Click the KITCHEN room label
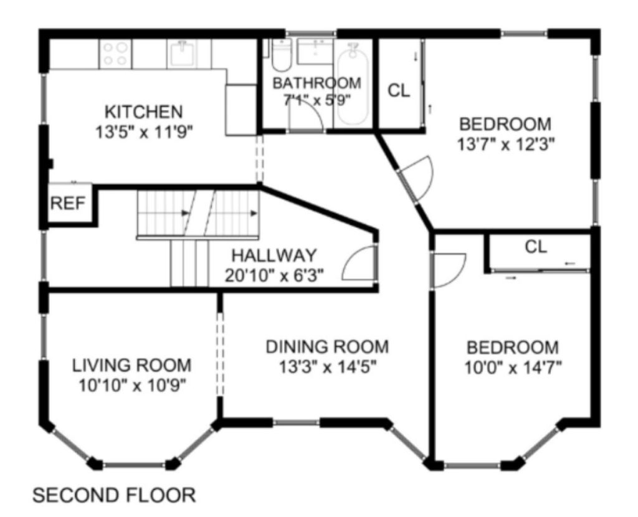click(x=144, y=111)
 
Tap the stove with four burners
click(x=115, y=54)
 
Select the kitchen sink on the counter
click(x=181, y=54)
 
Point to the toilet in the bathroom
click(x=281, y=55)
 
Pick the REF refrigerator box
click(x=69, y=202)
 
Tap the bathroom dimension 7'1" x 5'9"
click(x=317, y=100)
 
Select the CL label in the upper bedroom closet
click(x=399, y=91)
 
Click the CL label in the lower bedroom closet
click(x=536, y=247)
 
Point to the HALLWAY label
click(x=274, y=255)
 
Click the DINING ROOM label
click(x=327, y=347)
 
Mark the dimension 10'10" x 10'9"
click(x=132, y=385)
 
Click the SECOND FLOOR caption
click(x=114, y=495)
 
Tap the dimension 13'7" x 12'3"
click(x=506, y=144)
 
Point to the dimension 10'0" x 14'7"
click(x=513, y=368)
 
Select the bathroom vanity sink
click(x=315, y=51)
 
